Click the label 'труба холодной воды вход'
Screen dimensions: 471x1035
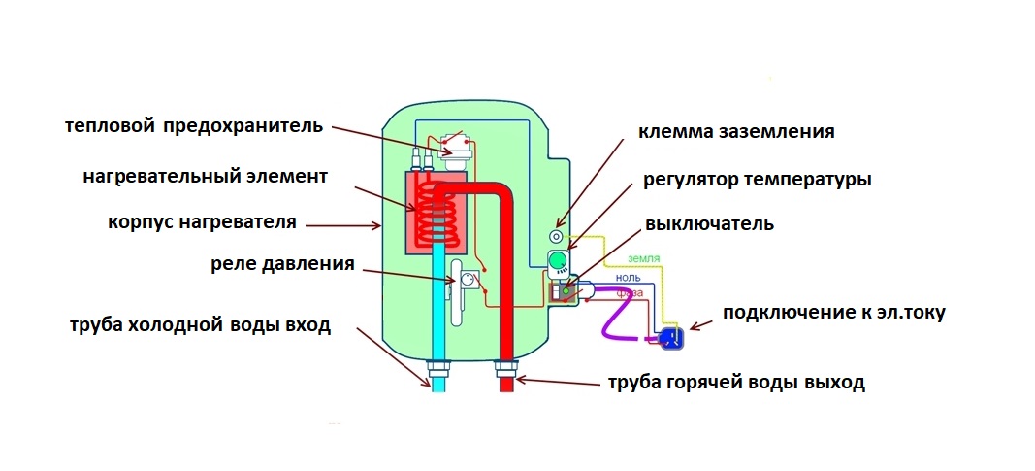pyautogui.click(x=199, y=325)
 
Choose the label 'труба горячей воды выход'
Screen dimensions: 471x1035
pyautogui.click(x=735, y=382)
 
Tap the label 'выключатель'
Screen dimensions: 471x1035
pyautogui.click(x=708, y=224)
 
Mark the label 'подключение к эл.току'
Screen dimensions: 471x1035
pyautogui.click(x=833, y=313)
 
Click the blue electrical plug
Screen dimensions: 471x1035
pyautogui.click(x=670, y=337)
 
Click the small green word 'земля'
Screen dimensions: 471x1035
pyautogui.click(x=644, y=259)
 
